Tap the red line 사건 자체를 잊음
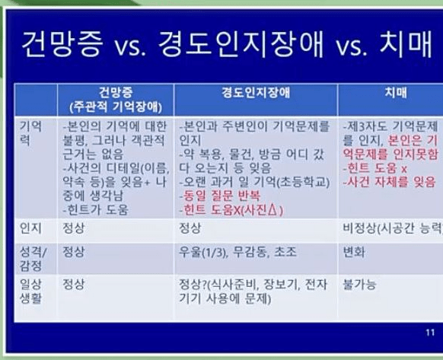pos(388,182)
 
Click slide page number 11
pos(430,333)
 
